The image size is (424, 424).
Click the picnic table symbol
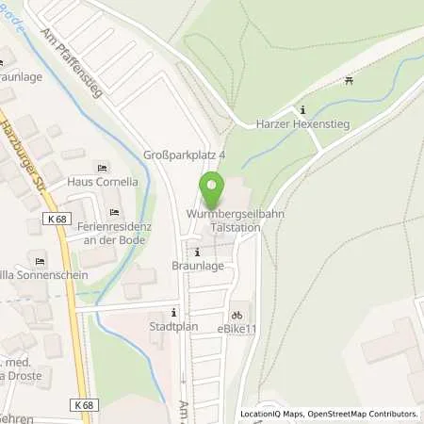349,81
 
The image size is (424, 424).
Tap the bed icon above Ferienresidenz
115,211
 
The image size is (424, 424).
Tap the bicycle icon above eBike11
236,316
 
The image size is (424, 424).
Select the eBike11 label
236,331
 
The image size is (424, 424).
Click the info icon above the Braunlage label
196,252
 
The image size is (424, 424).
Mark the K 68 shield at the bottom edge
84,403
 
